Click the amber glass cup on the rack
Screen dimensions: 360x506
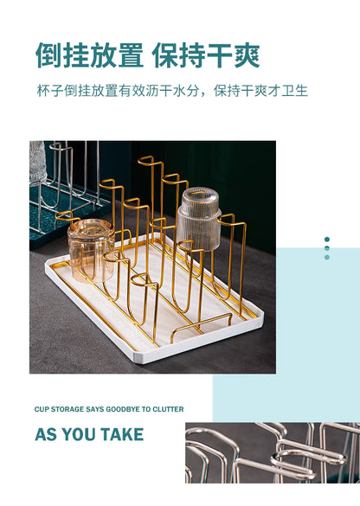coord(92,250)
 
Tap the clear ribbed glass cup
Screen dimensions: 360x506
coord(199,219)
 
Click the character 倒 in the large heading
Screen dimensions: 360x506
coord(48,55)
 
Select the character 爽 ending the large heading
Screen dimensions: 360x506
coord(247,55)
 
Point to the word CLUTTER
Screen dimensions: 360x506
coord(168,409)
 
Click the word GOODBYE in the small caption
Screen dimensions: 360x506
coord(123,409)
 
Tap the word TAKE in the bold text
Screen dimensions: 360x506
coord(122,434)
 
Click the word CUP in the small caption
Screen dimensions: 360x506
coord(42,409)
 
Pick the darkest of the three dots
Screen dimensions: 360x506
coord(327,239)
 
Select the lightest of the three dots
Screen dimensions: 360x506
coord(327,257)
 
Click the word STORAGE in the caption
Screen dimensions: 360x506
coord(67,409)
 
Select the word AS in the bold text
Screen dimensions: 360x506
coord(47,434)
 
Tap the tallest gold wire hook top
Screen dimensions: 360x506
coord(146,159)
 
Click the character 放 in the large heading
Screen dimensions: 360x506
coord(103,55)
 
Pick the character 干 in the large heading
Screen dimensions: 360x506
coord(220,55)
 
